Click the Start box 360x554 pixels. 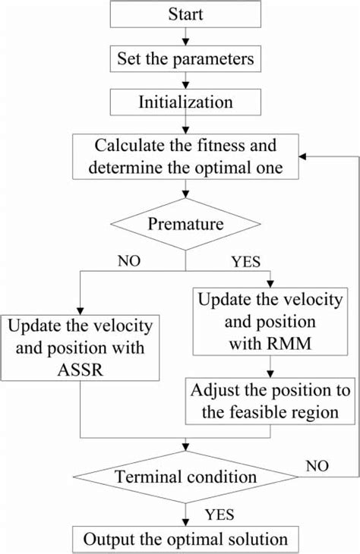[x=185, y=15]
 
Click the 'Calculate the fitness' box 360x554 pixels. [x=185, y=157]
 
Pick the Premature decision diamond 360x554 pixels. [x=185, y=224]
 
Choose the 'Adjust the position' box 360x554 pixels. [x=271, y=403]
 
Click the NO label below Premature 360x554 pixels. [x=130, y=261]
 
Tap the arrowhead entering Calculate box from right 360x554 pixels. [x=304, y=157]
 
